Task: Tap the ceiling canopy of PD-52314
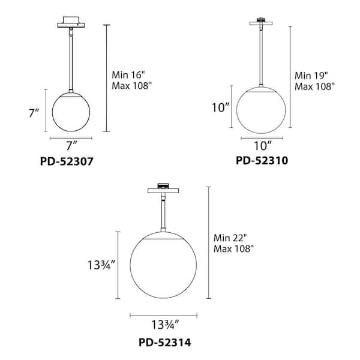click(x=163, y=191)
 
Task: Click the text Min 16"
click(x=128, y=75)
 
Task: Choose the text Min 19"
click(x=311, y=76)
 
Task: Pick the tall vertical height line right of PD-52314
click(x=208, y=242)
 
